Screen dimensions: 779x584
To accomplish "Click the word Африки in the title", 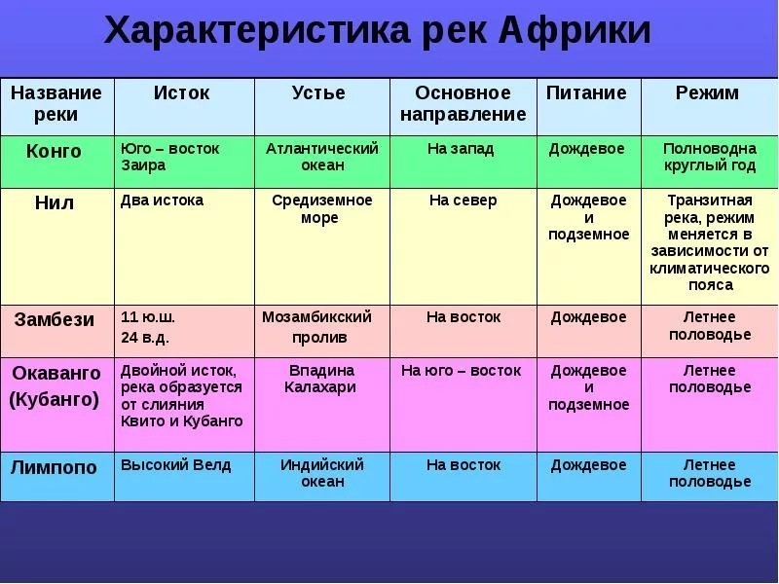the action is click(x=575, y=31).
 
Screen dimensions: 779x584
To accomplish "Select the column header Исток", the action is click(x=181, y=92).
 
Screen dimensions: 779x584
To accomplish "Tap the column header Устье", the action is click(x=318, y=92).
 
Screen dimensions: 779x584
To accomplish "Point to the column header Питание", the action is click(x=586, y=92).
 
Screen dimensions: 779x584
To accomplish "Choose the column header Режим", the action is click(x=707, y=93).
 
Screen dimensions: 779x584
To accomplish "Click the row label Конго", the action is click(x=54, y=151).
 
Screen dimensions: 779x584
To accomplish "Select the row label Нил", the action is click(x=55, y=202).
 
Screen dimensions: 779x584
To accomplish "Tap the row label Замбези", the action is click(x=55, y=319).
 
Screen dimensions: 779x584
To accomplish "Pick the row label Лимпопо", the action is click(x=54, y=467).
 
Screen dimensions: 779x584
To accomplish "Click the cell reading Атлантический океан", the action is click(x=322, y=157).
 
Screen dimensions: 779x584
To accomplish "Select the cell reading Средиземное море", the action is click(x=322, y=208).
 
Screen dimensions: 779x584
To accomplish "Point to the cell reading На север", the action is click(x=464, y=201).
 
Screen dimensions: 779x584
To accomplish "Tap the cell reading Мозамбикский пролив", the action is click(x=317, y=327).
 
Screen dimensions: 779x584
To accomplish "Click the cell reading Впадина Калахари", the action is click(x=320, y=379).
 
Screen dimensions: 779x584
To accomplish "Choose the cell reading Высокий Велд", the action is click(x=176, y=465).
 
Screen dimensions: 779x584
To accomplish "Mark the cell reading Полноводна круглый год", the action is click(x=710, y=157).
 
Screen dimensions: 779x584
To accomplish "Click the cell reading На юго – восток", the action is click(x=461, y=371).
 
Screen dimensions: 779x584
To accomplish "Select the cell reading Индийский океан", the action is click(x=322, y=473).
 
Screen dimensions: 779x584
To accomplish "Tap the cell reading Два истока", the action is click(x=162, y=201).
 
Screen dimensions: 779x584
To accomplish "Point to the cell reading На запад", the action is click(x=461, y=149).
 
